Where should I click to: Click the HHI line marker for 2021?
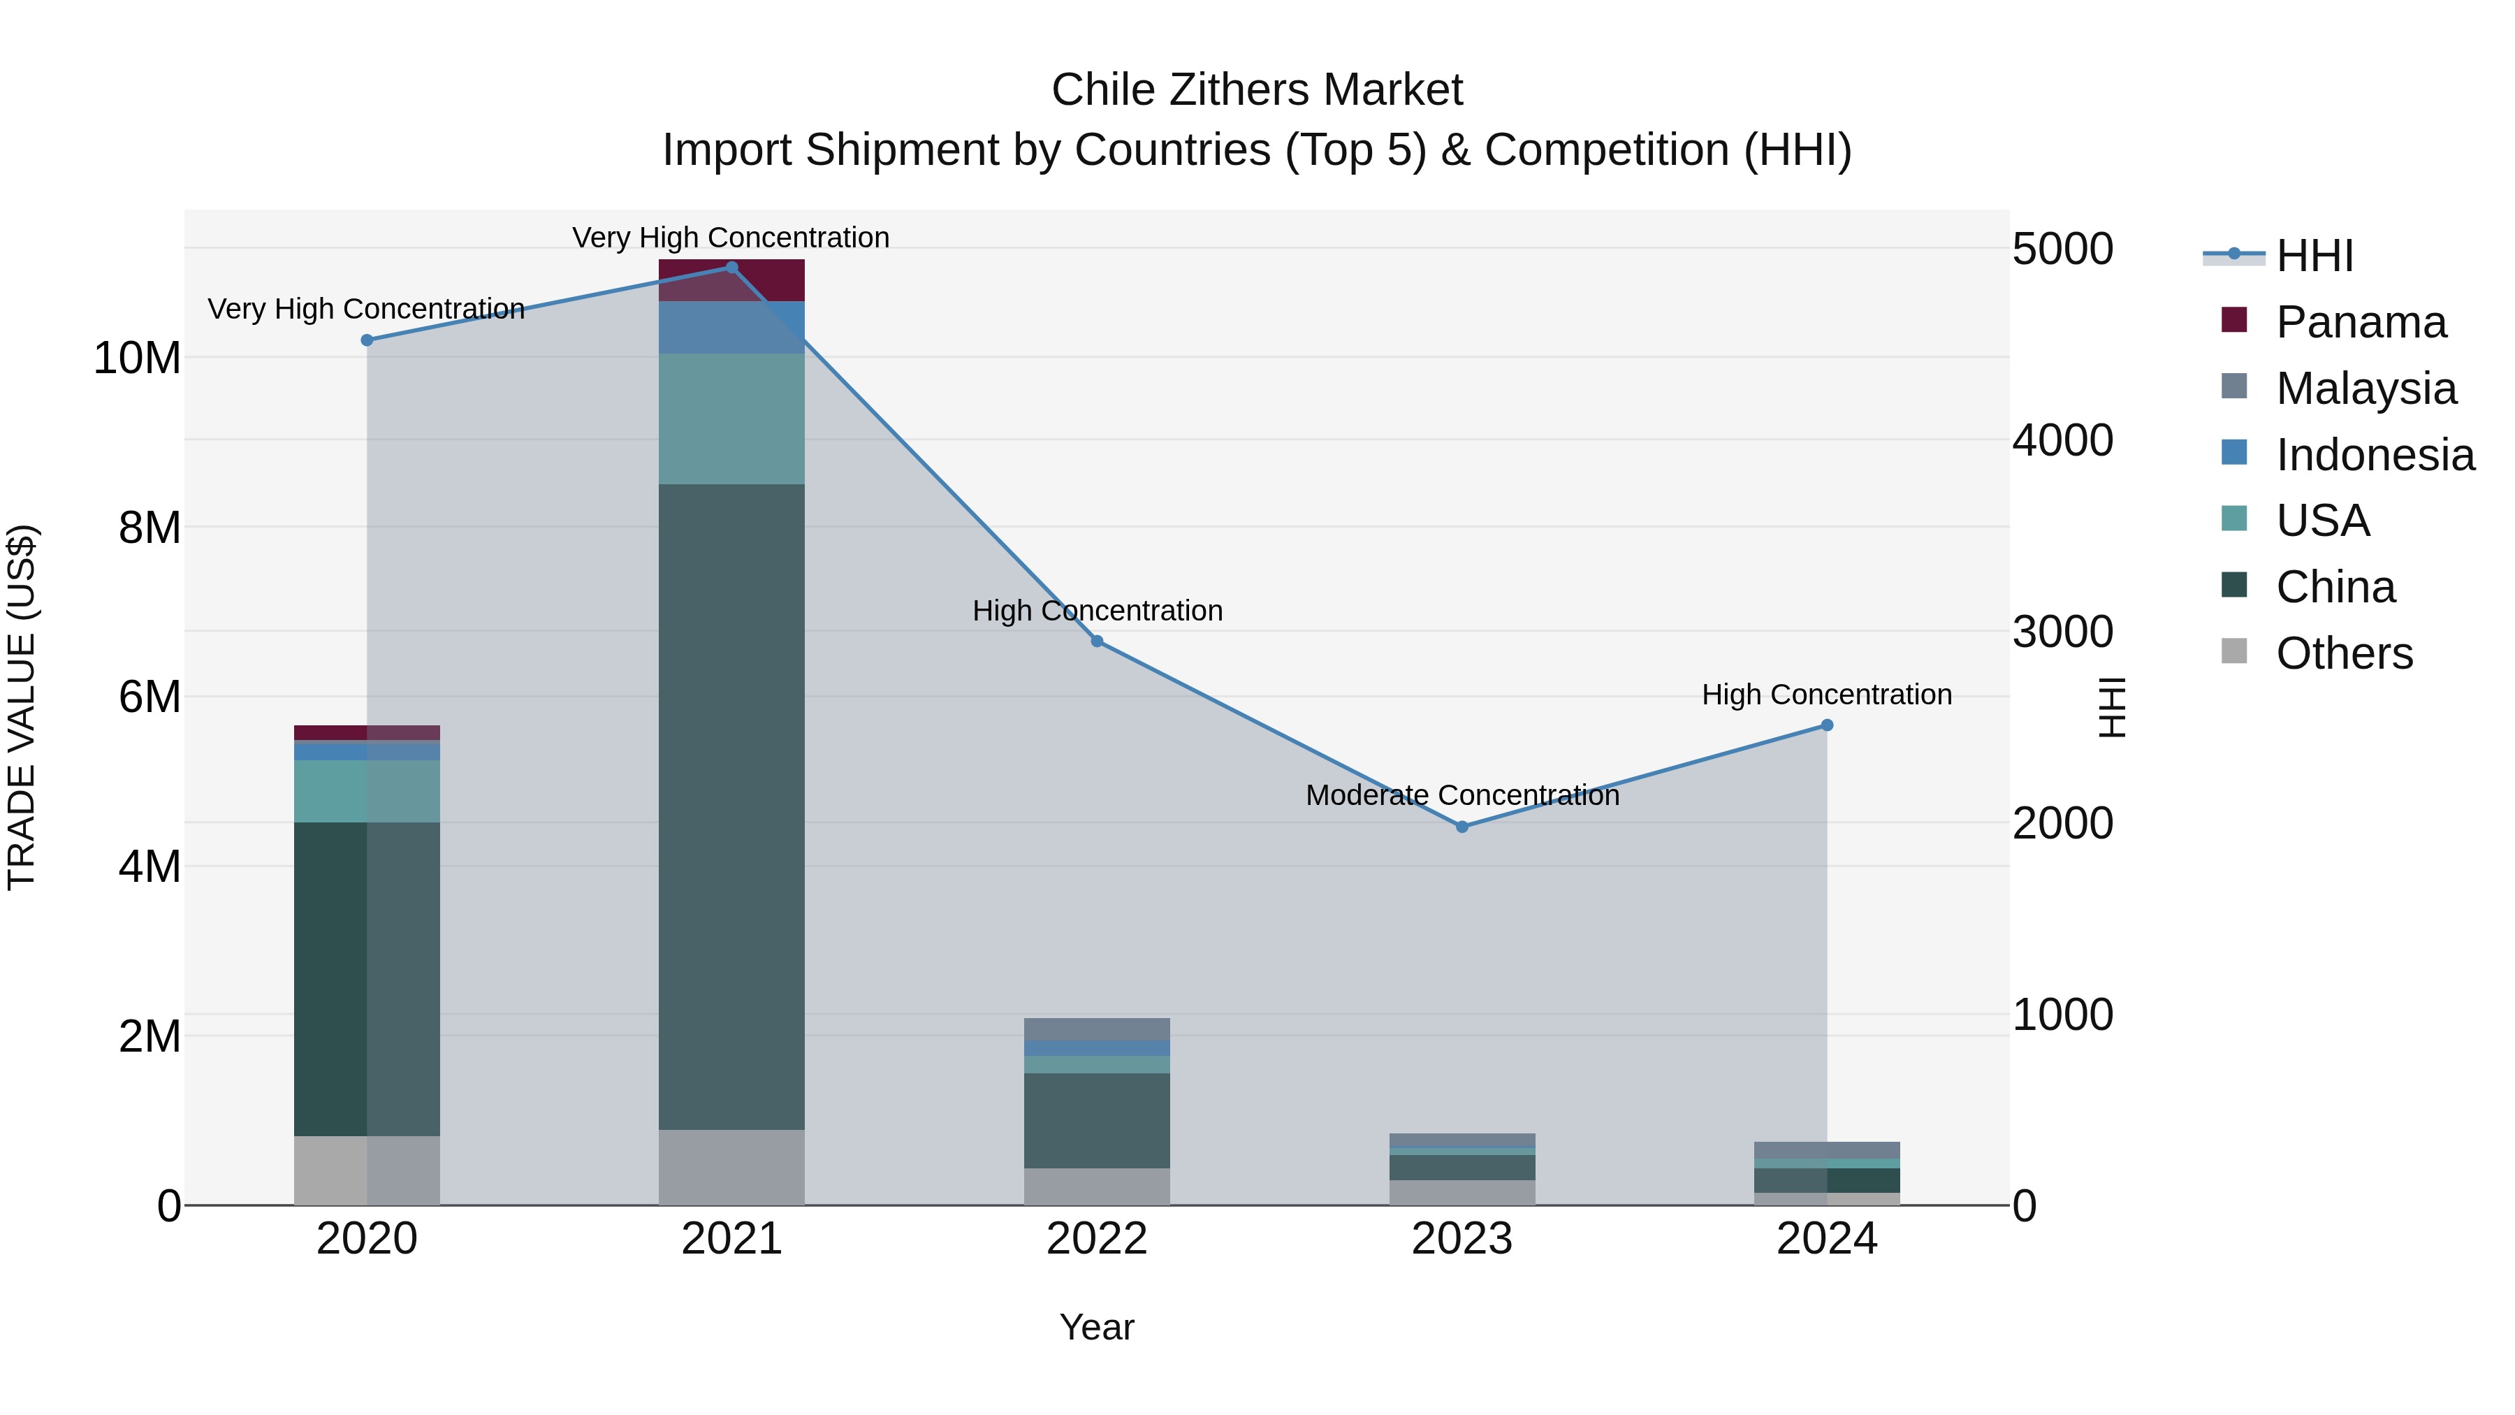[x=731, y=268]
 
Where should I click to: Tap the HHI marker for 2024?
[x=1827, y=725]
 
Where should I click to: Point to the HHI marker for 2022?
[x=1096, y=641]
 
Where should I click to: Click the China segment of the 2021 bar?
[x=731, y=806]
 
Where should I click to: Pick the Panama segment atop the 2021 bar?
[x=731, y=280]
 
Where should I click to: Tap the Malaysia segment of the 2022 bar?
[x=1096, y=1029]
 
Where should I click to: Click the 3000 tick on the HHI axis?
[x=2062, y=632]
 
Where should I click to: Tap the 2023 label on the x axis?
[x=1461, y=1239]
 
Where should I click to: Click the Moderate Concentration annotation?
[x=1461, y=795]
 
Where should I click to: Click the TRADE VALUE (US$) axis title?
[x=22, y=707]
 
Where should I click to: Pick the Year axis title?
[x=1096, y=1327]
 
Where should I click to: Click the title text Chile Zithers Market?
[x=1257, y=90]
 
